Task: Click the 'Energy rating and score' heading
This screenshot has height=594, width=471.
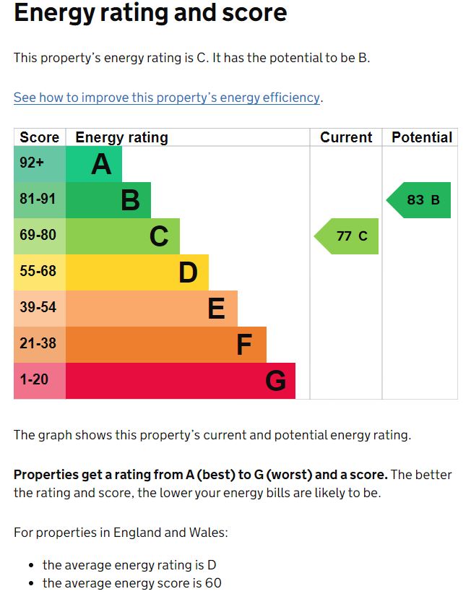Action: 150,13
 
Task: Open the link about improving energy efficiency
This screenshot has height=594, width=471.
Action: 166,98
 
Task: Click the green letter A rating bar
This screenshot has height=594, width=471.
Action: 94,164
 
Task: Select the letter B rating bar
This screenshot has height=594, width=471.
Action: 108,200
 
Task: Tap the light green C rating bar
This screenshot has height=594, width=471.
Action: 123,236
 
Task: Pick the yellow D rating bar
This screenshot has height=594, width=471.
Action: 137,272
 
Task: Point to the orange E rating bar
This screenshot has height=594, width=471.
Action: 152,309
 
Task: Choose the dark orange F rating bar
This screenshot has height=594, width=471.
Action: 166,345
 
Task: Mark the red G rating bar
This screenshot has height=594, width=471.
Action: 181,381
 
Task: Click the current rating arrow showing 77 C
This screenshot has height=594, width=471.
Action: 347,236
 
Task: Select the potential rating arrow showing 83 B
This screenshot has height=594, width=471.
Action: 420,200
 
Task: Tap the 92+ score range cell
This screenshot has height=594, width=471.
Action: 40,164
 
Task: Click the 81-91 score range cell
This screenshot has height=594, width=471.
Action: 40,200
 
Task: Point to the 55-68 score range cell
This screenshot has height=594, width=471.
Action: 40,272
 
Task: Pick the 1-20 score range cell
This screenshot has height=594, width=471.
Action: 40,381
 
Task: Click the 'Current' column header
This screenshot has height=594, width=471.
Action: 346,137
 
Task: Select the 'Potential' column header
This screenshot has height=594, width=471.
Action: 422,137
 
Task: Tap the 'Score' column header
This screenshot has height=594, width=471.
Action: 40,137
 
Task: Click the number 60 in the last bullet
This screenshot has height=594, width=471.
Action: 213,582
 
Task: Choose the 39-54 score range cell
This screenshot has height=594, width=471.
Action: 40,309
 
